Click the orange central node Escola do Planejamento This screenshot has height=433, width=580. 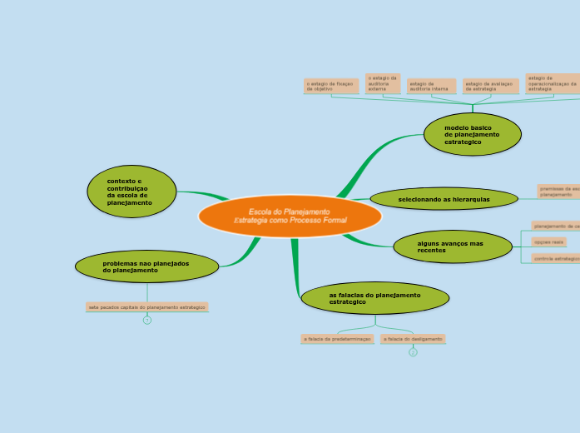[x=290, y=216]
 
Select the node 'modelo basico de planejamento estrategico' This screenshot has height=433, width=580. [x=472, y=134]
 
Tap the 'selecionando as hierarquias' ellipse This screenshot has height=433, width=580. [x=444, y=199]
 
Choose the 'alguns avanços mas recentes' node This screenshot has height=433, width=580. [x=453, y=246]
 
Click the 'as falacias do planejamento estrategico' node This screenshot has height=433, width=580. [x=374, y=297]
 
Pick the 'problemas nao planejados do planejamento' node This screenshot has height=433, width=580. [x=146, y=266]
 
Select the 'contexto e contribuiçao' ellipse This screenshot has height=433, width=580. [x=131, y=192]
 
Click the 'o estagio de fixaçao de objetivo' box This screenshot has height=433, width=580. [x=330, y=86]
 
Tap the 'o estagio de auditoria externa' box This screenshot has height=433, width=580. [x=383, y=82]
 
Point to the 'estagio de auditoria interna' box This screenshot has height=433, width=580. [x=431, y=86]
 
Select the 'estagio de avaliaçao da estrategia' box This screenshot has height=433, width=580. [x=490, y=86]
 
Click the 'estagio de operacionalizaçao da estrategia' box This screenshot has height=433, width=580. [x=552, y=82]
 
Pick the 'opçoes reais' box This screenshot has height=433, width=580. [x=549, y=241]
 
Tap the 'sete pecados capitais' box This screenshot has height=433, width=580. [x=147, y=306]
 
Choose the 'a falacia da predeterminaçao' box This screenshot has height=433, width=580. [x=337, y=339]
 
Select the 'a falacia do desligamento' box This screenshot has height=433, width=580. [x=413, y=339]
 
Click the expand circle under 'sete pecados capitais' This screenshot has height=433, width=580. [x=147, y=320]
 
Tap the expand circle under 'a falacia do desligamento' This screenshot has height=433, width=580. [x=413, y=352]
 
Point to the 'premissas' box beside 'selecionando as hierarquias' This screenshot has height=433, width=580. [x=558, y=192]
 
